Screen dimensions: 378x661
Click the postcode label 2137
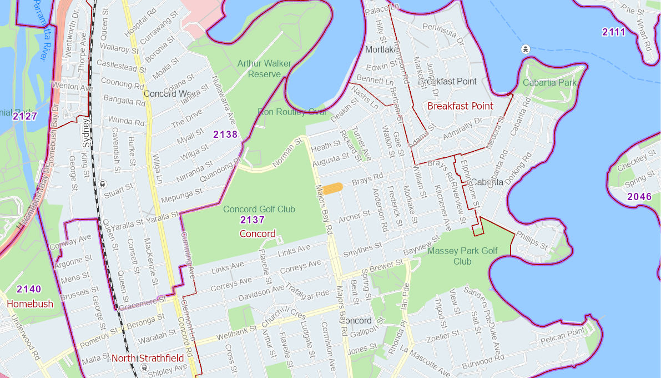pos(252,220)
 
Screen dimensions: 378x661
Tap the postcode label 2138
pos(225,135)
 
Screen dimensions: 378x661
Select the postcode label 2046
pos(639,197)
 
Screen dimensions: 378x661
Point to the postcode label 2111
pos(614,32)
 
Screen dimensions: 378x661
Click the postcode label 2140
pos(29,289)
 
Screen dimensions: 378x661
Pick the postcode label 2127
pos(24,116)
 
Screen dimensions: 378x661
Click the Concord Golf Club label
pos(259,209)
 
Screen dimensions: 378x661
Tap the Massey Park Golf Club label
pos(462,256)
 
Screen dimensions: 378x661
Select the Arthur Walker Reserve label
pos(264,68)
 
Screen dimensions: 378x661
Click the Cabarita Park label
pos(549,83)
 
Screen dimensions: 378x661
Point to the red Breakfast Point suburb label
pos(460,106)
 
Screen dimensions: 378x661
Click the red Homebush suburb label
pos(30,304)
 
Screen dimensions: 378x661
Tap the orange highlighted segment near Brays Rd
pos(333,188)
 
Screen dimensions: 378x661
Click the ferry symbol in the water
pos(526,49)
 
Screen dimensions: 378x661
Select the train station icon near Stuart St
pos(103,184)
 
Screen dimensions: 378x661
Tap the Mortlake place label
pos(379,50)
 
